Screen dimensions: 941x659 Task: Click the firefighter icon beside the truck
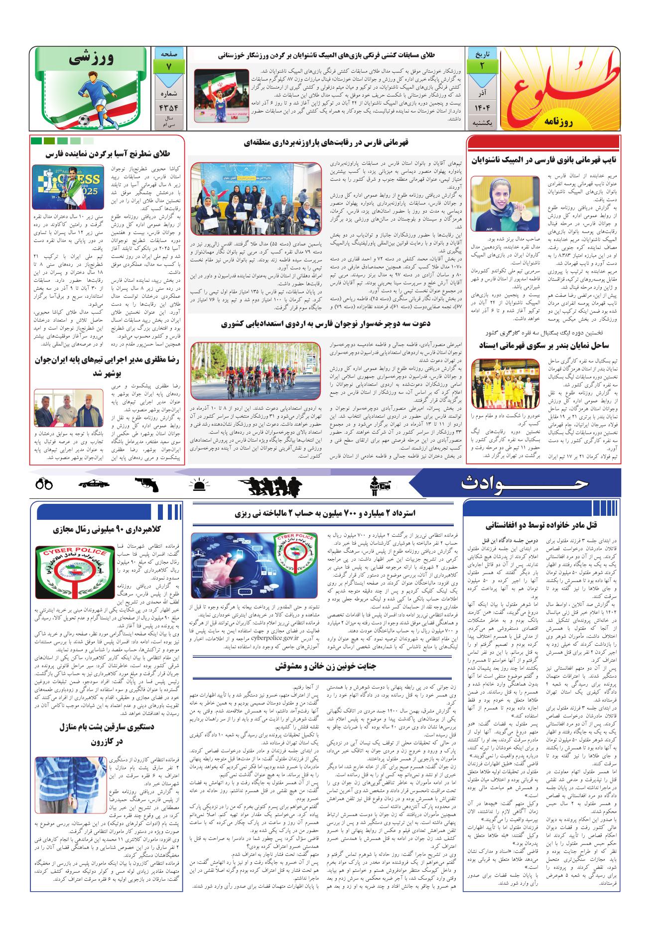tap(375, 482)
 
